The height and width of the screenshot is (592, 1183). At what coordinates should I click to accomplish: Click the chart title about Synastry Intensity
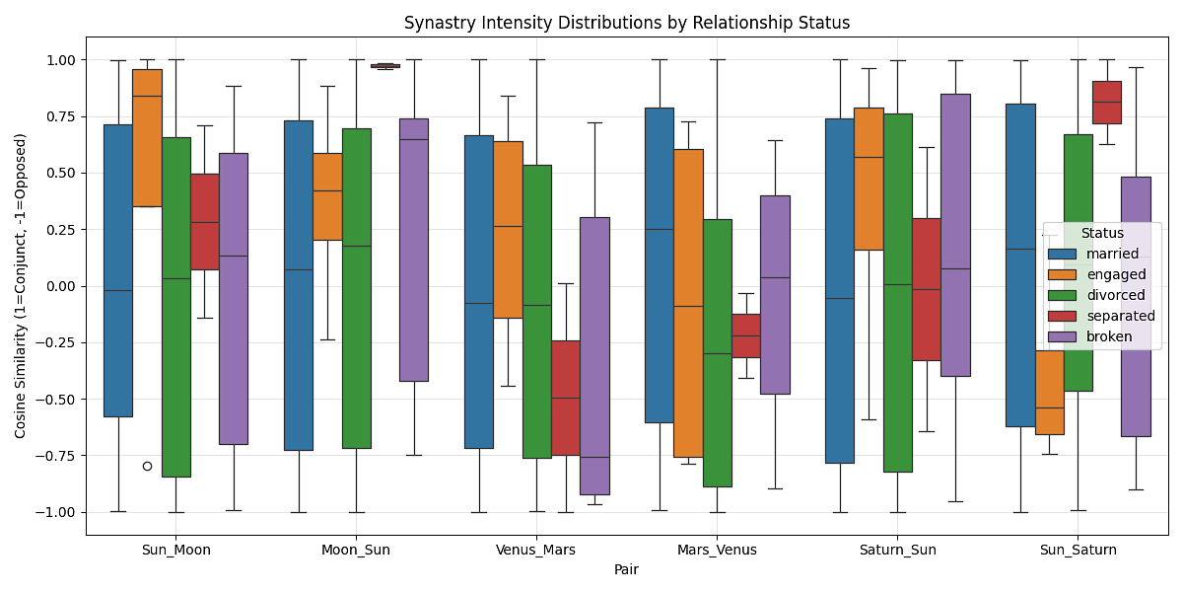click(626, 23)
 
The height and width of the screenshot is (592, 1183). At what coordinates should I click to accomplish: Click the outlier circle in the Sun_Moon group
click(147, 466)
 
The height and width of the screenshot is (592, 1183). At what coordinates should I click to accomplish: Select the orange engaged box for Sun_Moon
click(147, 138)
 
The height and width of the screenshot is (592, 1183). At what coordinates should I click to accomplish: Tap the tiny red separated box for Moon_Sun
click(384, 65)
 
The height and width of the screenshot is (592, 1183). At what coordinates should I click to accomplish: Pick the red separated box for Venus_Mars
click(566, 398)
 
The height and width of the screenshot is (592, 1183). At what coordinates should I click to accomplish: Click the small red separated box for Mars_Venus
click(746, 335)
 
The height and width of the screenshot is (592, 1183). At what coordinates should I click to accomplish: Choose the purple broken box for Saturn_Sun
click(955, 235)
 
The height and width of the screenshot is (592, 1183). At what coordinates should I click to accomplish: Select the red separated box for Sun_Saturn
click(1107, 103)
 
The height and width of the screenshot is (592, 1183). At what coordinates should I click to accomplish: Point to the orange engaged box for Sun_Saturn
click(1049, 393)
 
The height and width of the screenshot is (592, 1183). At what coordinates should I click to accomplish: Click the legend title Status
click(1102, 233)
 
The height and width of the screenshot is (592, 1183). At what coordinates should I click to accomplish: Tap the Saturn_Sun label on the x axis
click(897, 550)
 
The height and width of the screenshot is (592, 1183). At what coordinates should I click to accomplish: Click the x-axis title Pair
click(626, 569)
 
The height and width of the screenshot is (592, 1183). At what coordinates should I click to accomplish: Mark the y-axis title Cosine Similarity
click(21, 286)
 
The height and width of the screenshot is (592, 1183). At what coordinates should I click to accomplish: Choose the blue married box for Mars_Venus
click(659, 265)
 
